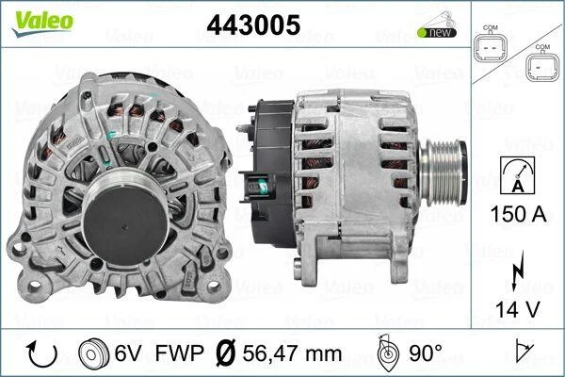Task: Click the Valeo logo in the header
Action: pyautogui.click(x=42, y=23)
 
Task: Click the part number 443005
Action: pyautogui.click(x=253, y=25)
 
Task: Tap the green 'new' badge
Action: pyautogui.click(x=437, y=32)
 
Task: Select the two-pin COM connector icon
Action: pyautogui.click(x=490, y=43)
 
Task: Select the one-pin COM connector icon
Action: pyautogui.click(x=541, y=63)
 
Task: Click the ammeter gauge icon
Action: pyautogui.click(x=518, y=175)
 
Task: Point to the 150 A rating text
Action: pyautogui.click(x=518, y=214)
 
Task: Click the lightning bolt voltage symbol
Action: pyautogui.click(x=518, y=270)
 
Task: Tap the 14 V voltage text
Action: pyautogui.click(x=518, y=309)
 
